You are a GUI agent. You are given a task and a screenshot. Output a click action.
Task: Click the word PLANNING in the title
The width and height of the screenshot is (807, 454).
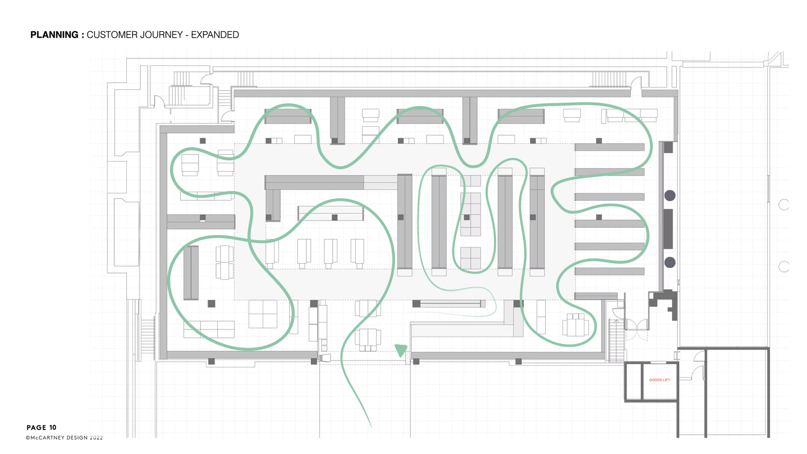(54, 35)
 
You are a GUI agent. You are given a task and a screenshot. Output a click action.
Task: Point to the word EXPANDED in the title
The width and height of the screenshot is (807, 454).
(215, 35)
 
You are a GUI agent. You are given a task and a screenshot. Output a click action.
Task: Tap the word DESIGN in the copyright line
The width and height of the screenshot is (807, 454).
(77, 438)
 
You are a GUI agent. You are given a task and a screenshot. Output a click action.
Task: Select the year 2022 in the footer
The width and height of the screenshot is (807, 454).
(96, 438)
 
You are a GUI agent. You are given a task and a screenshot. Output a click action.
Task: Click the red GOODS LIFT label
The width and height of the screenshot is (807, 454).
(659, 380)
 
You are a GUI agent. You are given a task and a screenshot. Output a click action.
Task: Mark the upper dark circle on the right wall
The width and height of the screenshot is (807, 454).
(670, 195)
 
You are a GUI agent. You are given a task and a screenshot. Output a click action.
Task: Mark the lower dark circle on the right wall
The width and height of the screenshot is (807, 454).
(670, 262)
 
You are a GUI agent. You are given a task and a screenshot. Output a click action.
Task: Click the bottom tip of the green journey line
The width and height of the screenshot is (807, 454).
(371, 427)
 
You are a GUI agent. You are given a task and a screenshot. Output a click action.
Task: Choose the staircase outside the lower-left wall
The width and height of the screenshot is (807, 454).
(148, 338)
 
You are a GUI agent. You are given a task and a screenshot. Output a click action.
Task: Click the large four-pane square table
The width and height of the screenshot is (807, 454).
(263, 314)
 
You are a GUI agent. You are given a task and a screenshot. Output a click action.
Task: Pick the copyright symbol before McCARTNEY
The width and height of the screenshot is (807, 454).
(28, 438)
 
